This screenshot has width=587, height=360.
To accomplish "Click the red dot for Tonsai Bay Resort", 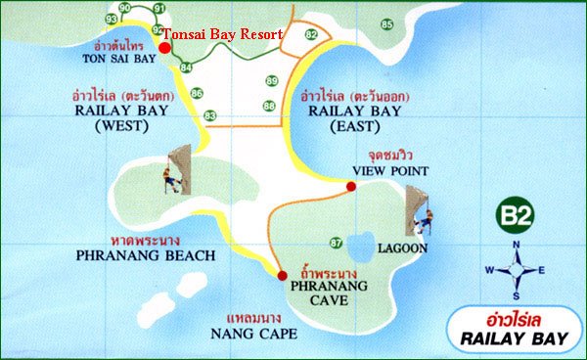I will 164,47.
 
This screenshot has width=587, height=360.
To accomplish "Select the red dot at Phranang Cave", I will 282,275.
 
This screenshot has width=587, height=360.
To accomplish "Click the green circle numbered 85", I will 386,23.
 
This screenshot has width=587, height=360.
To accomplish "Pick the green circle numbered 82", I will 311,35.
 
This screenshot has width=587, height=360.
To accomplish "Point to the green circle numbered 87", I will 336,242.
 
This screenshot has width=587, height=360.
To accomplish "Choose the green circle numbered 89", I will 271,80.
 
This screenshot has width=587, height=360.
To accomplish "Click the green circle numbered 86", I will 197,93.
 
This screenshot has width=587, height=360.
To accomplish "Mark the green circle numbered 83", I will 209,116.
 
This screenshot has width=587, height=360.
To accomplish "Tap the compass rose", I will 517,269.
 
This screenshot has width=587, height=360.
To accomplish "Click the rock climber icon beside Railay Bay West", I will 178,170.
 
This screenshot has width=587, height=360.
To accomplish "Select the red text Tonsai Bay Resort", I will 222,33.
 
